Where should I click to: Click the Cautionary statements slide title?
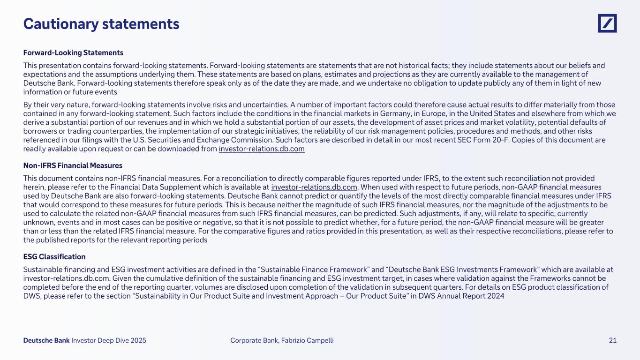[101, 24]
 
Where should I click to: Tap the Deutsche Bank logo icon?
[607, 23]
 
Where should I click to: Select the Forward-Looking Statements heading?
[73, 52]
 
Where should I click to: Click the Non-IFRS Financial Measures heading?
[73, 165]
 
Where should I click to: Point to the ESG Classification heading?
[54, 257]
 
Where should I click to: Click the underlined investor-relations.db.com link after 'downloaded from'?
[262, 149]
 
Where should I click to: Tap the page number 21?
[612, 341]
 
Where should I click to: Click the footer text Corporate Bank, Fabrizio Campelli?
[282, 341]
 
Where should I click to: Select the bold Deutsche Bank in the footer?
[46, 341]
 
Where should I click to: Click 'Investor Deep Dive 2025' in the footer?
[109, 341]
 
